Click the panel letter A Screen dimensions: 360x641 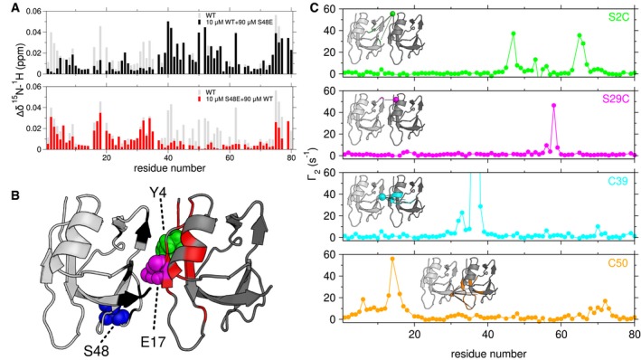(7, 7)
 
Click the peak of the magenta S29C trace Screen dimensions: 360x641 (554, 106)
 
